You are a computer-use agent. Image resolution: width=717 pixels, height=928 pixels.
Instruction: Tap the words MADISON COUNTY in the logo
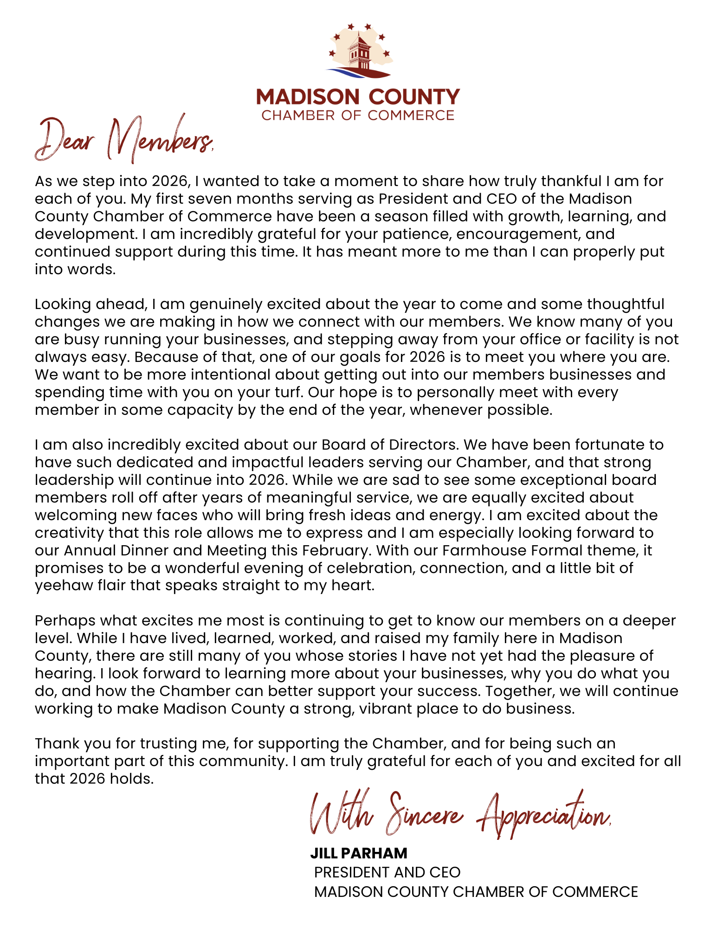pyautogui.click(x=358, y=97)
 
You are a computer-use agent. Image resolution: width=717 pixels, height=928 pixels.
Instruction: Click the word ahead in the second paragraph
pyautogui.click(x=121, y=304)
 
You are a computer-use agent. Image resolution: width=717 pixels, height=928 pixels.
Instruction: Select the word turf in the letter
pyautogui.click(x=287, y=393)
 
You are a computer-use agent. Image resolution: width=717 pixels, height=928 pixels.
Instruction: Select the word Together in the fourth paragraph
pyautogui.click(x=520, y=691)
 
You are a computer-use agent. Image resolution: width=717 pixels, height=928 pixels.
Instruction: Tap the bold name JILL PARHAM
pyautogui.click(x=359, y=853)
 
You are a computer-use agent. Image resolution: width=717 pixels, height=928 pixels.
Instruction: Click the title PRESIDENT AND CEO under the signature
pyautogui.click(x=387, y=872)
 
